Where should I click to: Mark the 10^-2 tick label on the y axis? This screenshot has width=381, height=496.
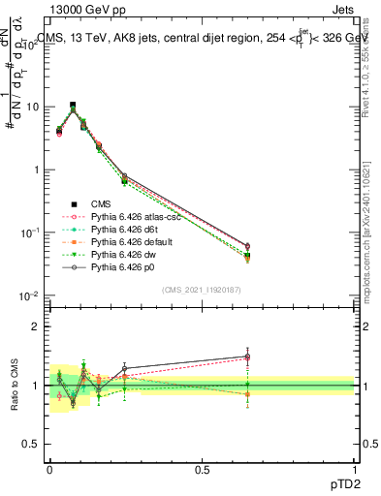pyautogui.click(x=29, y=295)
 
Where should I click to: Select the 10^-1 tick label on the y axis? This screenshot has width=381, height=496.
pyautogui.click(x=29, y=232)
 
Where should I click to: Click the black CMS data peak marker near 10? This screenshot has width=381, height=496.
pyautogui.click(x=73, y=105)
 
